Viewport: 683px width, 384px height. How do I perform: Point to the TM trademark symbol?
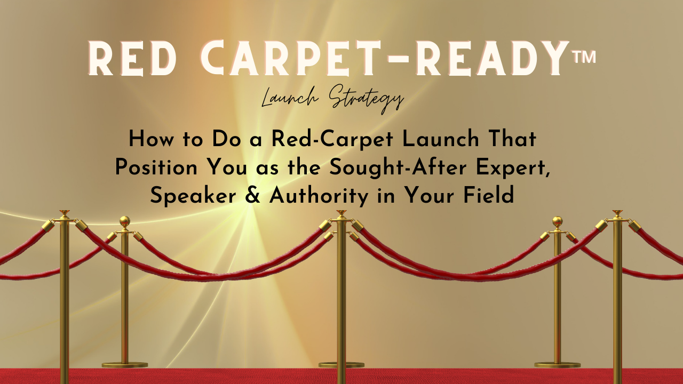click(x=584, y=57)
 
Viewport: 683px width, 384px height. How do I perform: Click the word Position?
click(x=156, y=167)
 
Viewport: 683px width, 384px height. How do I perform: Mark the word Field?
click(x=489, y=195)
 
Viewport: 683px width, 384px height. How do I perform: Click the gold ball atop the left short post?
click(x=125, y=221)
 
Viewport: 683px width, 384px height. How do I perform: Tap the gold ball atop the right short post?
click(x=558, y=221)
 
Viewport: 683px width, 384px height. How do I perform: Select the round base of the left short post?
click(x=125, y=365)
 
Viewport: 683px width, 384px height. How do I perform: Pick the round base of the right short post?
click(x=558, y=365)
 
